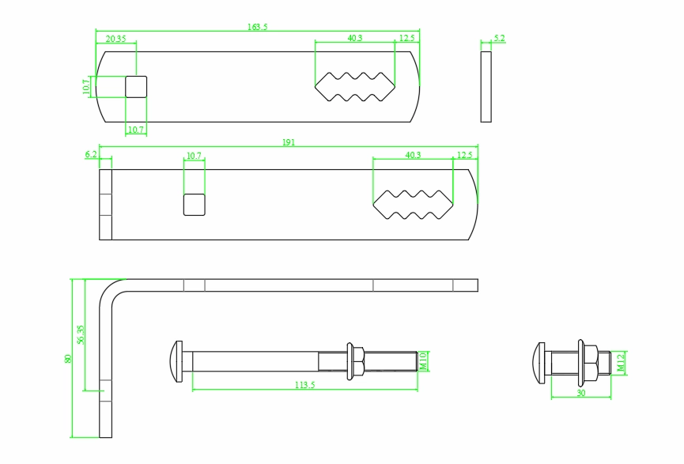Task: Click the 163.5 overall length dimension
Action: point(258,27)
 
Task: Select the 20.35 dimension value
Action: point(115,38)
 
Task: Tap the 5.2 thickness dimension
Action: point(499,38)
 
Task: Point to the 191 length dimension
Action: point(289,142)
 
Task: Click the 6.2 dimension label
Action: point(90,155)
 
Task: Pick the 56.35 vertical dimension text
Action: point(81,335)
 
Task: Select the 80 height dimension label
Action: point(68,358)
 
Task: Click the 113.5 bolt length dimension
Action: point(304,386)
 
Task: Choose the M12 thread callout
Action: point(621,362)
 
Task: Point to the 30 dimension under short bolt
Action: point(581,393)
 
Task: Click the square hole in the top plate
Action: point(136,87)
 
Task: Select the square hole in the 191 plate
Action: point(195,205)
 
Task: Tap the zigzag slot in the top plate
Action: point(355,87)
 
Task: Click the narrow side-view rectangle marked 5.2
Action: point(486,87)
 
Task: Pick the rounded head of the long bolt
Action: point(177,361)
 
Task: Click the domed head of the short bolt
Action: point(541,362)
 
